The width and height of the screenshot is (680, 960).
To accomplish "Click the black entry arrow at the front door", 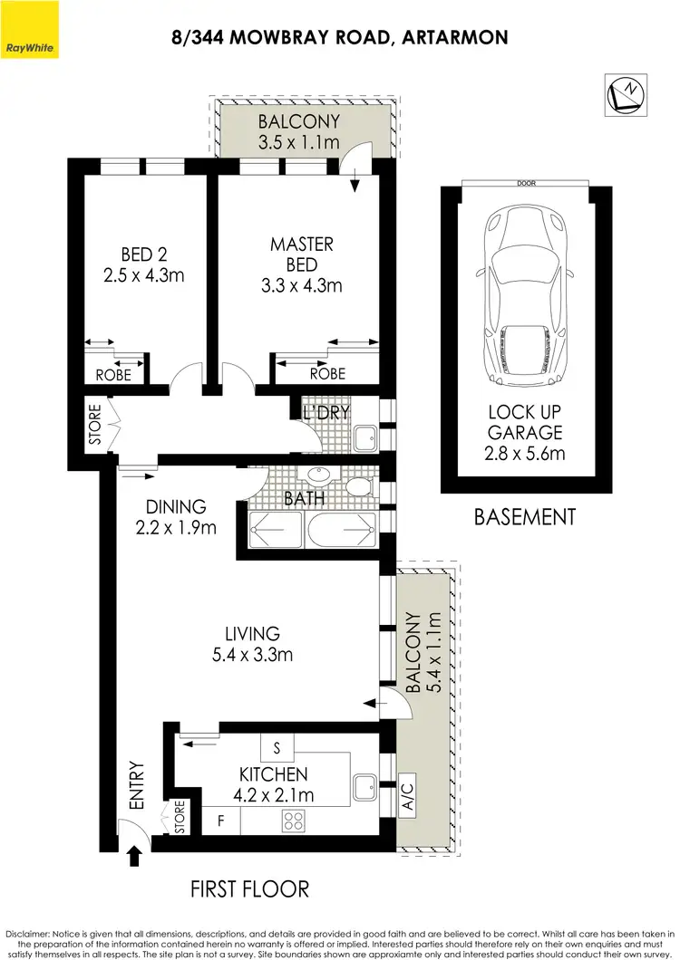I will pyautogui.click(x=135, y=854).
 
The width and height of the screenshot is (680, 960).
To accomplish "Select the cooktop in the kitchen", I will pyautogui.click(x=295, y=821).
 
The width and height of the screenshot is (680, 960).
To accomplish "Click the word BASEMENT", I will pyautogui.click(x=525, y=517).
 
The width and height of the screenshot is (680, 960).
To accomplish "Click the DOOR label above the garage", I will pyautogui.click(x=526, y=183).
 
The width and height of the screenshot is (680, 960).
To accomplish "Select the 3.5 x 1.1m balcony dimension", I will pyautogui.click(x=298, y=142).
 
